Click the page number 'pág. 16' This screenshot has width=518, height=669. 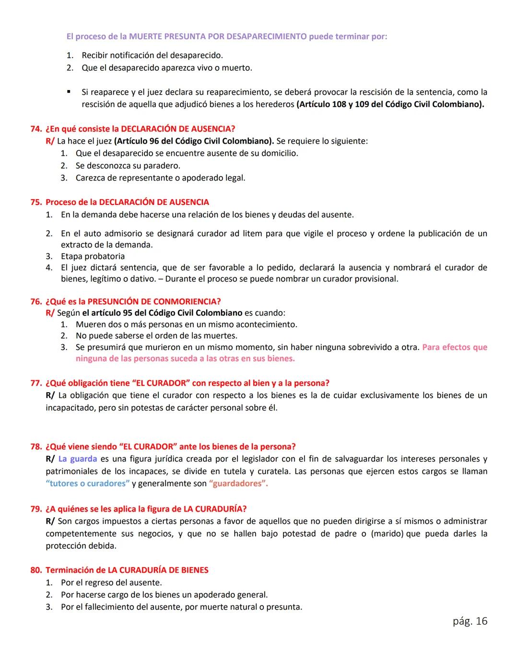(x=470, y=621)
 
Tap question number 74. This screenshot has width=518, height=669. (x=35, y=129)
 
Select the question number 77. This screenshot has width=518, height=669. (x=35, y=383)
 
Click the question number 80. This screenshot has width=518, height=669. (x=35, y=570)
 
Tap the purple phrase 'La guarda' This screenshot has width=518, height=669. (x=77, y=459)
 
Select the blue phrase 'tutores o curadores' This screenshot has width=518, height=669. (x=88, y=484)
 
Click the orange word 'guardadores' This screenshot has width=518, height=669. (x=238, y=484)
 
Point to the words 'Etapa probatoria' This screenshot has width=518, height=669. (x=93, y=256)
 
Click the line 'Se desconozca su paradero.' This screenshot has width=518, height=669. (x=128, y=166)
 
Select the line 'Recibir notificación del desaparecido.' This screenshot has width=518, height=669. (x=152, y=56)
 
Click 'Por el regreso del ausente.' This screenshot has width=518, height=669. (x=111, y=583)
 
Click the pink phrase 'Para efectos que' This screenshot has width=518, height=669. (x=454, y=347)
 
